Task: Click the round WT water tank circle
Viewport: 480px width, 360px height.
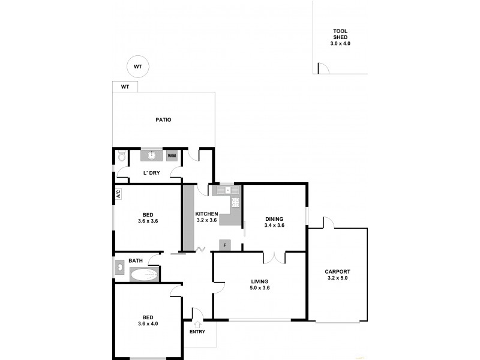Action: click(137, 67)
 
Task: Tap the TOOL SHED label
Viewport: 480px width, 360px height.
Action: click(340, 37)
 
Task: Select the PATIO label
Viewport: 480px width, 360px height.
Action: click(163, 120)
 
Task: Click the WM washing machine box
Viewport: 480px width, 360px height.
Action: click(172, 156)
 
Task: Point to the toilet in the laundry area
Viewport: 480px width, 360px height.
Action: click(121, 157)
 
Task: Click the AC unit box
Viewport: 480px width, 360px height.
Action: click(118, 194)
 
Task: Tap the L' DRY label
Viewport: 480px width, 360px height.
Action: click(151, 173)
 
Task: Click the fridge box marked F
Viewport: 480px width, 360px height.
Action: click(225, 245)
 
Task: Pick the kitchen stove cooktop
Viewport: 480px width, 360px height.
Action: click(235, 203)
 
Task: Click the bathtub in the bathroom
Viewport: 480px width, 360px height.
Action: click(144, 275)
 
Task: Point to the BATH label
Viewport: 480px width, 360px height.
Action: click(136, 260)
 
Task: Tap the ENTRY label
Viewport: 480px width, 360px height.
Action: click(197, 332)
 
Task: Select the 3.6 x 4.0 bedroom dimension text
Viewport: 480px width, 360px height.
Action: click(147, 324)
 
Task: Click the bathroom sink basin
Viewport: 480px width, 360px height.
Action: click(120, 267)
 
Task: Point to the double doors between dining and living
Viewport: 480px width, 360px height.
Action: click(274, 258)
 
